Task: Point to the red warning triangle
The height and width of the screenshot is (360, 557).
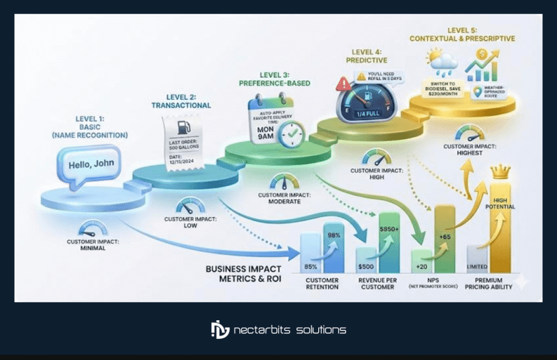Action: [x=344, y=83]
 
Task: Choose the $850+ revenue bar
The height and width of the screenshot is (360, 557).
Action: [x=389, y=242]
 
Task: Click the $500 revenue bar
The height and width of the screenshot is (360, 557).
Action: [x=366, y=260]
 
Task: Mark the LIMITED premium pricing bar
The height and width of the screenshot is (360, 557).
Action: [x=476, y=259]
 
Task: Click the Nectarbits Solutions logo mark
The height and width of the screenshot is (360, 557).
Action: [x=220, y=330]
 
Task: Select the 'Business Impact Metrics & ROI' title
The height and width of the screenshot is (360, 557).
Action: [x=244, y=273]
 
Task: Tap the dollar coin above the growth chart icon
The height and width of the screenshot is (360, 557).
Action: [x=481, y=55]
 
